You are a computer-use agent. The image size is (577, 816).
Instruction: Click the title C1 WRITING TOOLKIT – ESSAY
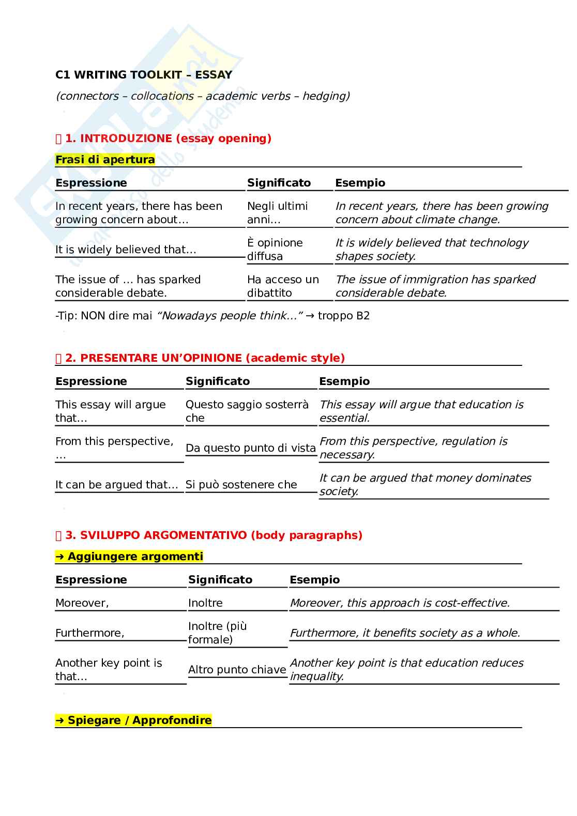(x=144, y=75)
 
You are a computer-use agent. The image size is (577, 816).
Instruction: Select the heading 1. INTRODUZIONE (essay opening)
(x=168, y=138)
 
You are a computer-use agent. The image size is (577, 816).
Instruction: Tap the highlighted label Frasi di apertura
(x=105, y=160)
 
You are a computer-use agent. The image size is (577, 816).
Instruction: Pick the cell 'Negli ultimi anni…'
(x=277, y=213)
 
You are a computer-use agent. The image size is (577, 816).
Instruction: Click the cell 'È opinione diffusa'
(x=275, y=250)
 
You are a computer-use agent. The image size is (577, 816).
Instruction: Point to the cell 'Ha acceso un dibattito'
(x=283, y=286)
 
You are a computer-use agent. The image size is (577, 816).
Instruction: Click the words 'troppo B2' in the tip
(x=344, y=316)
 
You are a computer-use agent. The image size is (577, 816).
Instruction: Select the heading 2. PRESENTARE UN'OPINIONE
(x=205, y=358)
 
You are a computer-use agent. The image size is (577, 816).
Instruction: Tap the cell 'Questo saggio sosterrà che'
(x=247, y=411)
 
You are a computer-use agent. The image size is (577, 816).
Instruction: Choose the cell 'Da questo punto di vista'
(x=251, y=448)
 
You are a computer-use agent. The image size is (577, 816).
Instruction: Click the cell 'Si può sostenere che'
(x=241, y=485)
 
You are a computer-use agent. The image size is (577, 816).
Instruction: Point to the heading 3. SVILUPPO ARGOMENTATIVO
(x=214, y=535)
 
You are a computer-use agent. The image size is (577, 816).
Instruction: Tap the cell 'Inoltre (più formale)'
(x=217, y=633)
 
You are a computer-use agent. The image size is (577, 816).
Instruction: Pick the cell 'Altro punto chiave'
(x=237, y=670)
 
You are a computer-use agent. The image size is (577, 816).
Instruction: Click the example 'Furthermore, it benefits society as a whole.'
(x=405, y=633)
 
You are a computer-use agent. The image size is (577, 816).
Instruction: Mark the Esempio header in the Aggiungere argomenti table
(x=315, y=580)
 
